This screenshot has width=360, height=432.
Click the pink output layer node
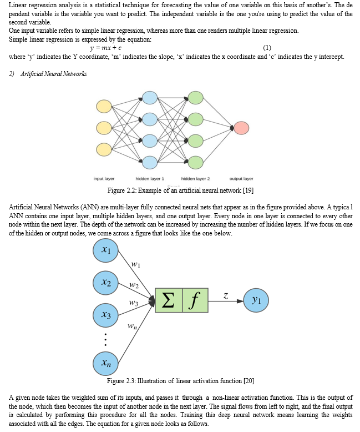(x=241, y=128)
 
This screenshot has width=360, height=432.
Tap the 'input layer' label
(x=104, y=179)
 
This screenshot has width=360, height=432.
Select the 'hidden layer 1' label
(x=150, y=179)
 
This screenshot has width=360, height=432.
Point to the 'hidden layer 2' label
(x=195, y=179)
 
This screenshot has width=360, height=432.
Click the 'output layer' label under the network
(x=241, y=179)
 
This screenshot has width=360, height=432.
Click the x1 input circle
(x=106, y=250)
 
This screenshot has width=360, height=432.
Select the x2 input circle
(x=106, y=283)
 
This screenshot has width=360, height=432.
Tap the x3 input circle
(x=106, y=315)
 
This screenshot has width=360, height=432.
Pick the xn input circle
(x=106, y=363)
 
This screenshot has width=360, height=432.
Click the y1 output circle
(x=256, y=300)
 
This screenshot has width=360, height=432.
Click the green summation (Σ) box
(x=169, y=300)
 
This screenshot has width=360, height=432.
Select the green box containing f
(x=195, y=300)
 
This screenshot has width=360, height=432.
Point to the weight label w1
(x=135, y=264)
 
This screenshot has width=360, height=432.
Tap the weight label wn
(x=132, y=326)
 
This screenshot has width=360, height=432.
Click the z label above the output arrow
(x=226, y=296)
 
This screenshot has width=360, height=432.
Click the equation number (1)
(x=267, y=48)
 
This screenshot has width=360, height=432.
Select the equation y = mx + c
(x=106, y=48)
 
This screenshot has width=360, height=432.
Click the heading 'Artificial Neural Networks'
(x=53, y=74)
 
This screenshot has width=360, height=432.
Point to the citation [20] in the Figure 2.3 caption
(x=249, y=381)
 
